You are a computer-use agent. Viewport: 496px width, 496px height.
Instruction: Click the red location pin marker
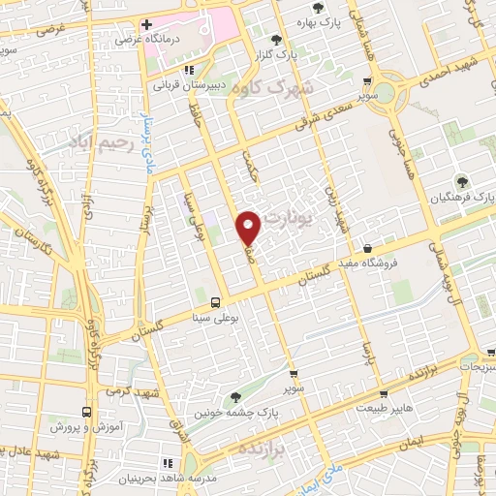[250, 227]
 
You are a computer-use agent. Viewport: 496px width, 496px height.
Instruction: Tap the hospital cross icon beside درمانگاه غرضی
[146, 25]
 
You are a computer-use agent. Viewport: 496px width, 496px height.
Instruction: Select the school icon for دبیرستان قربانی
[190, 70]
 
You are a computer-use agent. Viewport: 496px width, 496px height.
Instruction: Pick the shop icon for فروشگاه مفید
[367, 247]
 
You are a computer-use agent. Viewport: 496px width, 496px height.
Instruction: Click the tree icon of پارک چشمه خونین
[235, 396]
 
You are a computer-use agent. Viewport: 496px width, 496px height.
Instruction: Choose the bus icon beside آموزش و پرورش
[87, 411]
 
